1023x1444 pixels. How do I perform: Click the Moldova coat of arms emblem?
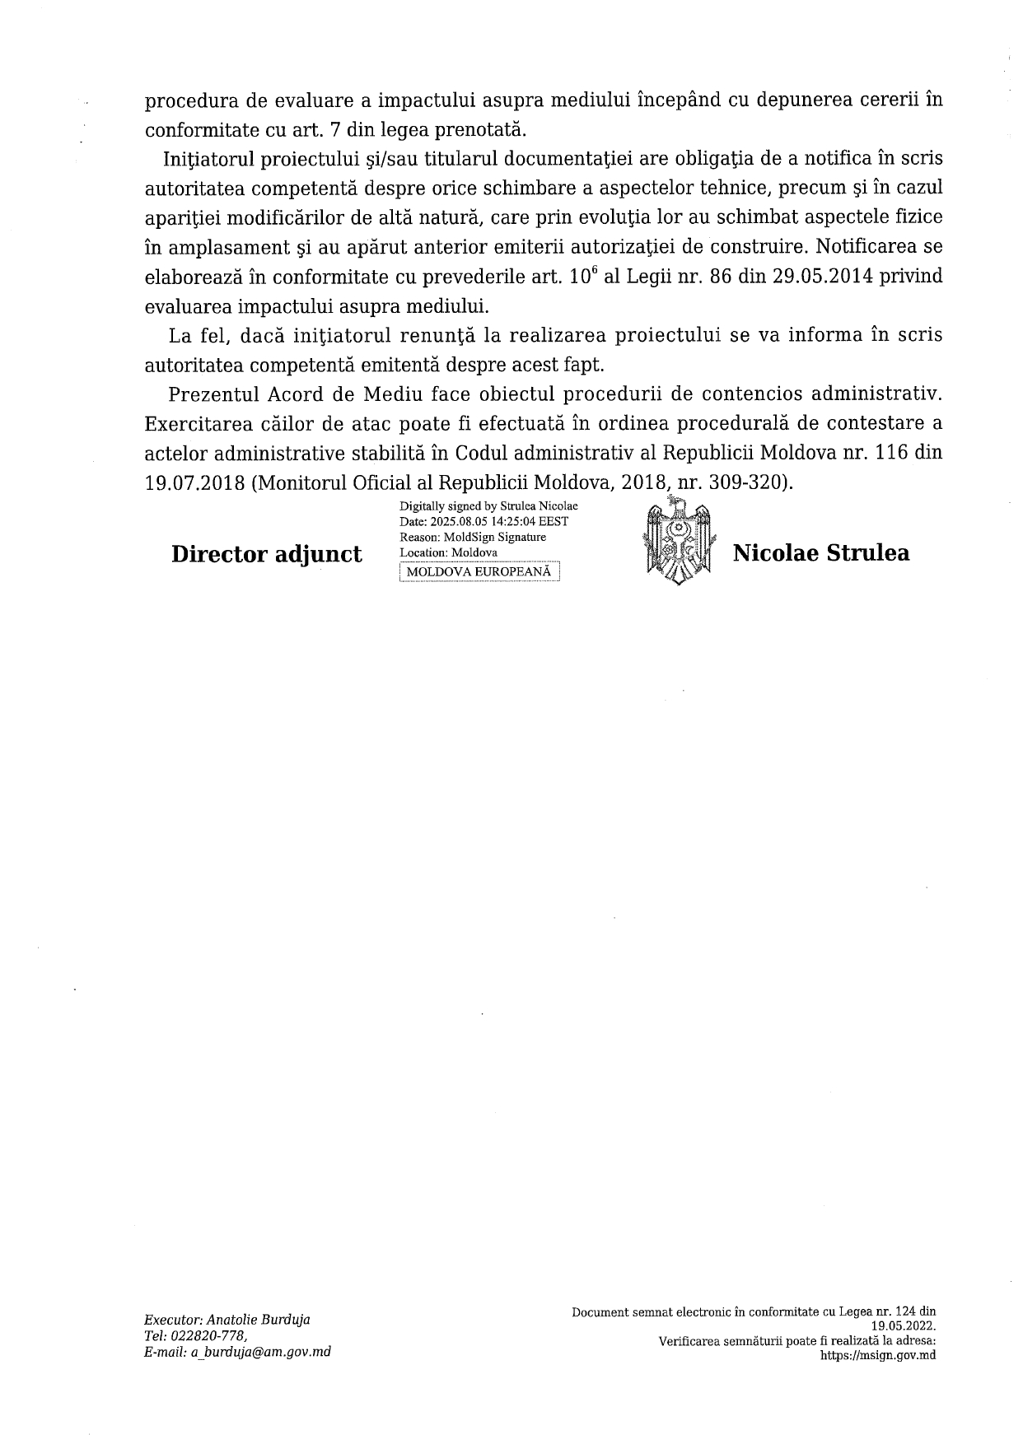click(675, 544)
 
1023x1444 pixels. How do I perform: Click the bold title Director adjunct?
click(266, 554)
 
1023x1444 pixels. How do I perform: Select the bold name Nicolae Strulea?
click(821, 552)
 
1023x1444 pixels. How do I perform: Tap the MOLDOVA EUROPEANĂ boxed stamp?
click(479, 572)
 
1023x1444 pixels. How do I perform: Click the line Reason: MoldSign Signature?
click(472, 537)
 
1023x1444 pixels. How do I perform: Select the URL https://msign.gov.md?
click(878, 1356)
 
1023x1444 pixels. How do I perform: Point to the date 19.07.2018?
click(194, 483)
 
